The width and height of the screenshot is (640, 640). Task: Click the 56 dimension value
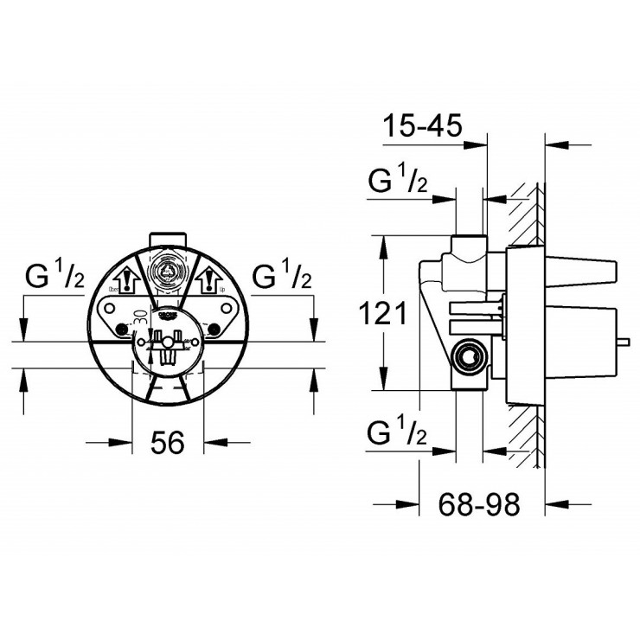[168, 443]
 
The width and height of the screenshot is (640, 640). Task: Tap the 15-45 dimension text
[423, 127]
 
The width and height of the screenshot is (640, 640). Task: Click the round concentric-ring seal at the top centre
[167, 271]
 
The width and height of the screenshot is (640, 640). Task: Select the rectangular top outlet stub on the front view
[167, 239]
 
